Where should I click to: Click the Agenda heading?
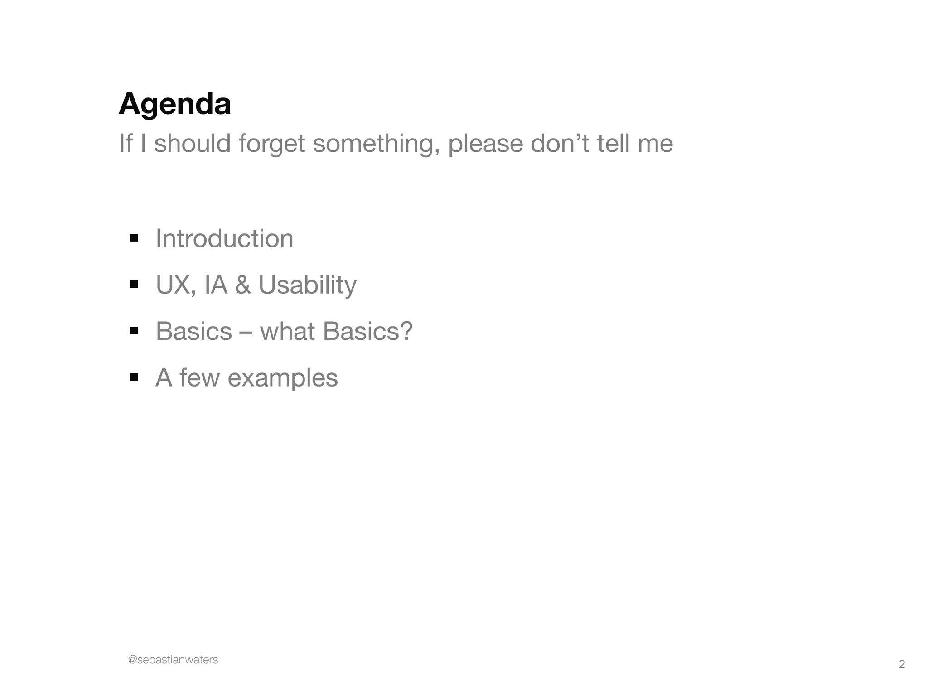pos(175,104)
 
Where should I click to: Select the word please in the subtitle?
pos(485,144)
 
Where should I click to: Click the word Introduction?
pos(224,238)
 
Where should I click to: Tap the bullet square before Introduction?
pos(134,238)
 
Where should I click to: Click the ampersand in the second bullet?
pos(243,285)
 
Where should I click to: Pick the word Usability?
pos(307,285)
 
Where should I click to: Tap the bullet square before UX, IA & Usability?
pos(134,285)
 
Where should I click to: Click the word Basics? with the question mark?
pos(368,331)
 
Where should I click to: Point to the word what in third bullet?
pos(287,331)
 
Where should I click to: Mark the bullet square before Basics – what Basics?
pos(134,331)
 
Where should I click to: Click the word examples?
pos(283,378)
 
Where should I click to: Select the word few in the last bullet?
pos(199,377)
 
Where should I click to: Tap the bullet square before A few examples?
pos(134,377)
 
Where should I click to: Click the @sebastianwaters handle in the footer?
pos(173,660)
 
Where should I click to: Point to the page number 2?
pos(902,665)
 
